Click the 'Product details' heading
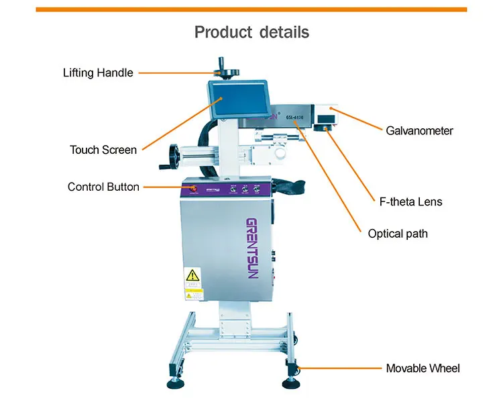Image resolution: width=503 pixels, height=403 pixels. (251, 32)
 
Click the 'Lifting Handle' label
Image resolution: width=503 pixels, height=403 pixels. (98, 73)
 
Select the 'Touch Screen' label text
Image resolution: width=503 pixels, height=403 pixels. (103, 150)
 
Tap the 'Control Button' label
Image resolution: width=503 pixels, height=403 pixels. (103, 187)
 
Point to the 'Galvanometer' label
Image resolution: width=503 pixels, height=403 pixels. (419, 130)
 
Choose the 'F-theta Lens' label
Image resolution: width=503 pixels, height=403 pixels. (408, 201)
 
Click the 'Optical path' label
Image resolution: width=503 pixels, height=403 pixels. (398, 234)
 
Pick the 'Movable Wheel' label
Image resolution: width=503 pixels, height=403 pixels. (423, 368)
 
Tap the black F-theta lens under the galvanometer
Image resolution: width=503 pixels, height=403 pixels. (328, 127)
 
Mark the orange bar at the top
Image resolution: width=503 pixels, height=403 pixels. (251, 9)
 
